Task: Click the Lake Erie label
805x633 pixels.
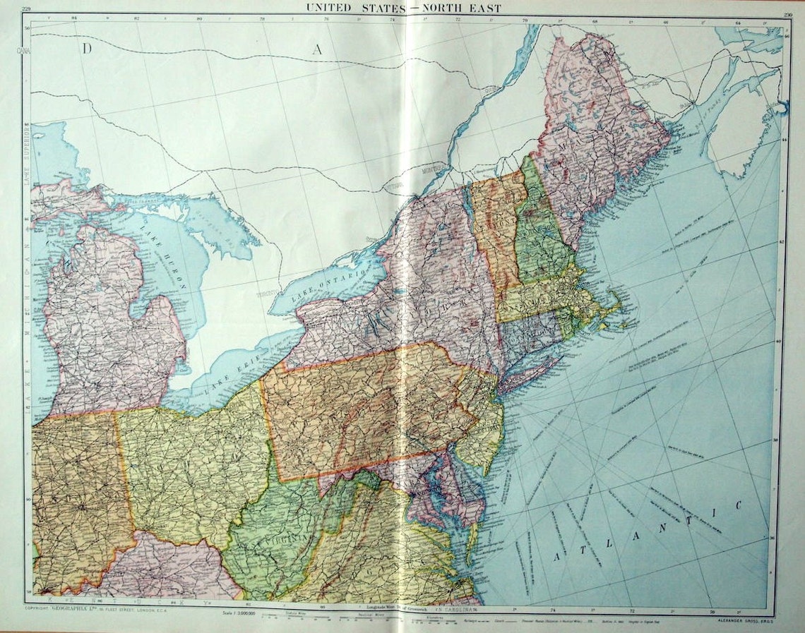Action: pyautogui.click(x=226, y=382)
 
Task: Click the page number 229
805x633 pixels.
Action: pyautogui.click(x=27, y=8)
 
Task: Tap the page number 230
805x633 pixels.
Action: pyautogui.click(x=777, y=8)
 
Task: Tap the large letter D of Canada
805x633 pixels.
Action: pyautogui.click(x=87, y=49)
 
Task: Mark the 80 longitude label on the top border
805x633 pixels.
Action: pyautogui.click(x=199, y=19)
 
